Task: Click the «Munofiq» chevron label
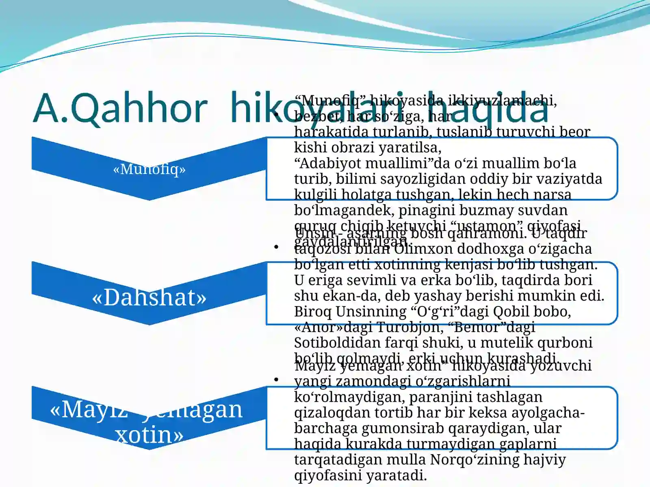(x=149, y=169)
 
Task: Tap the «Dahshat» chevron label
(x=149, y=297)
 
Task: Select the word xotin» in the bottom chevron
(x=149, y=435)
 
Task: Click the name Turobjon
(x=410, y=327)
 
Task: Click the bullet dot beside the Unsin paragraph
(x=276, y=247)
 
